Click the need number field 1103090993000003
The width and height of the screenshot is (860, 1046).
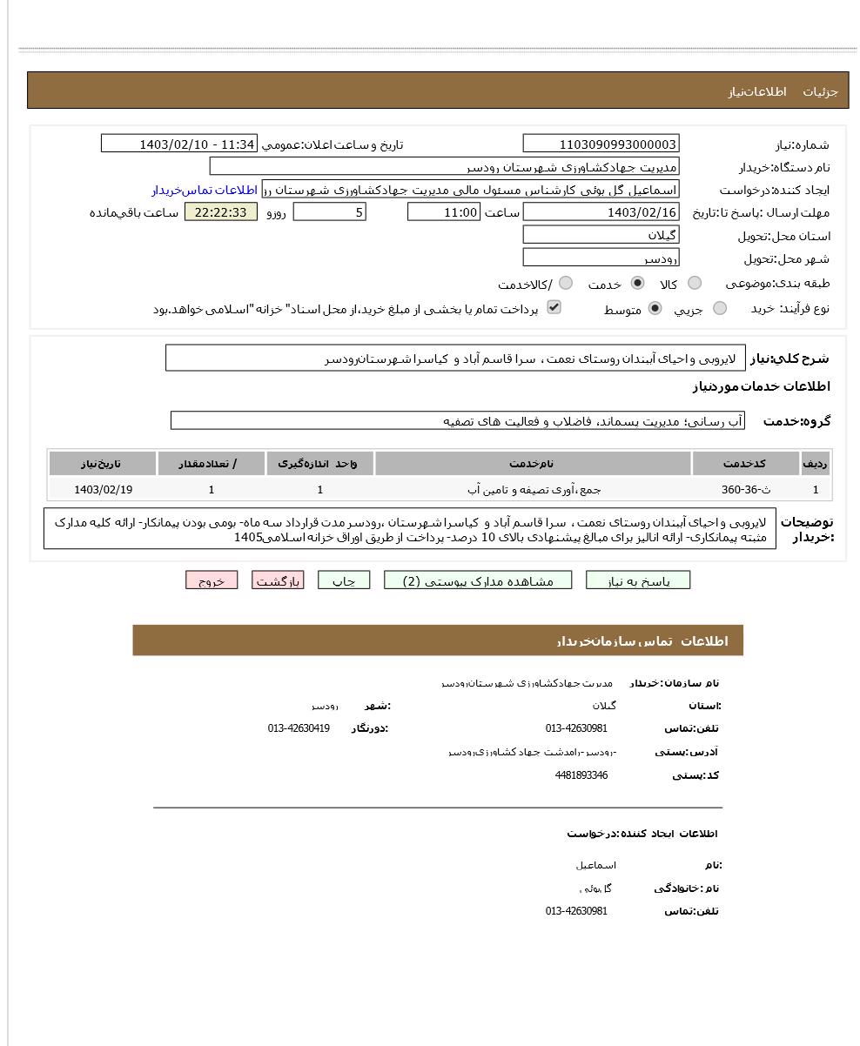pos(601,144)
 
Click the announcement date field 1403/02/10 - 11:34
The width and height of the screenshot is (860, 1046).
pos(179,144)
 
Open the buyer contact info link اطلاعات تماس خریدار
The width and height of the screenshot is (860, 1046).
pos(205,190)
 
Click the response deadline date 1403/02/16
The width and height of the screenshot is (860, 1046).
pos(601,212)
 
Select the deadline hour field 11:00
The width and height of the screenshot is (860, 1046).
pos(443,212)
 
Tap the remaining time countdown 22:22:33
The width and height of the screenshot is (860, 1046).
pos(221,212)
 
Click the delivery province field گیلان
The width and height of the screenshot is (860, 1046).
pos(601,235)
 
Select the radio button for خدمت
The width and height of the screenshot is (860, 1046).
pos(638,283)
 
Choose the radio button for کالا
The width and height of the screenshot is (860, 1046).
pos(695,283)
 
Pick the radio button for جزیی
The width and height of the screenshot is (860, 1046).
pos(720,308)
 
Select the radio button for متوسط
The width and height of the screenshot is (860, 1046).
pos(655,308)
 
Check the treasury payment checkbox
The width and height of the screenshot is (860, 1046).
pos(554,307)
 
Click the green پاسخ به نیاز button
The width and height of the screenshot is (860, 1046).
pos(638,580)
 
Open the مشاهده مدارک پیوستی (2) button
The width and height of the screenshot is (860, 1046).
pos(478,580)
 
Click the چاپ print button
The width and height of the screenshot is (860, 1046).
pos(344,580)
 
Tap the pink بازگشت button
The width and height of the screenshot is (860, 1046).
pos(278,580)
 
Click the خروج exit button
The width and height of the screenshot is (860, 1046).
pos(212,580)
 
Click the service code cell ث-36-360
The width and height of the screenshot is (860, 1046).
pos(746,490)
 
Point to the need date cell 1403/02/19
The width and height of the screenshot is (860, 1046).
pos(104,490)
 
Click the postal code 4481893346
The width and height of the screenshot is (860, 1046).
pos(581,775)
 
